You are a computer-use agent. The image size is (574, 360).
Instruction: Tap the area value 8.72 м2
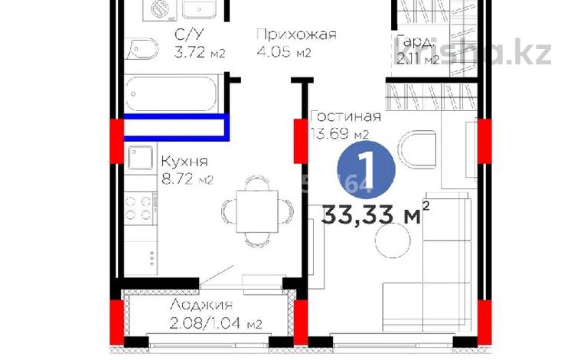pyautogui.click(x=187, y=180)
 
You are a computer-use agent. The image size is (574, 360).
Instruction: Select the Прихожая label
pyautogui.click(x=295, y=35)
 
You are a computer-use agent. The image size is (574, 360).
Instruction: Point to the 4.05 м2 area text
pyautogui.click(x=284, y=53)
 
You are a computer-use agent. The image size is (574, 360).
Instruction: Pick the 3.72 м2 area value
pyautogui.click(x=178, y=53)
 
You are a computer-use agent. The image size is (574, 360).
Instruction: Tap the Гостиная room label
pyautogui.click(x=345, y=117)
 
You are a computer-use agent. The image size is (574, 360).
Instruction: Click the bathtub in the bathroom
pyautogui.click(x=174, y=93)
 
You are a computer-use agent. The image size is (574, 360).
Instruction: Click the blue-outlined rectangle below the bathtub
pyautogui.click(x=175, y=127)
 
